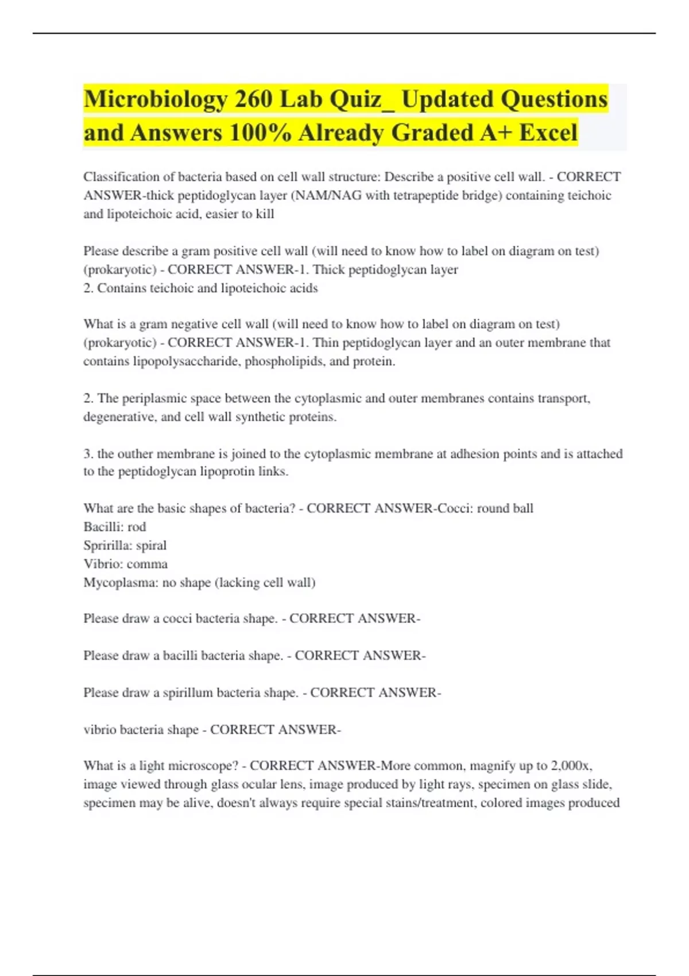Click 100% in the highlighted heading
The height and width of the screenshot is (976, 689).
[x=260, y=133]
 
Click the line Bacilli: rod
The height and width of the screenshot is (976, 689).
[x=115, y=527]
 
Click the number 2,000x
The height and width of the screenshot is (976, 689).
[x=571, y=766]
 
